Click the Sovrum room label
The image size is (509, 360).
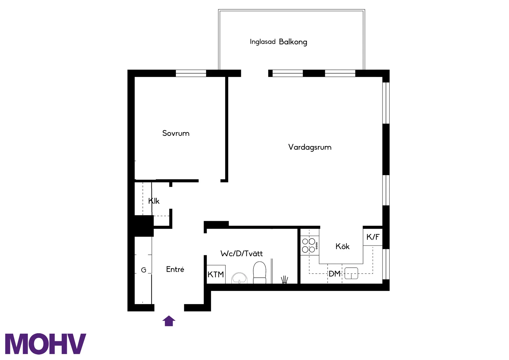point(176,133)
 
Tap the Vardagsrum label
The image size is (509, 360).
point(310,147)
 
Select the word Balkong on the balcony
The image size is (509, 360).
point(293,42)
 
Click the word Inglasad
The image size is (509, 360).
point(263,42)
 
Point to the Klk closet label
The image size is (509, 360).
point(154,201)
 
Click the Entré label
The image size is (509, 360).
point(175,270)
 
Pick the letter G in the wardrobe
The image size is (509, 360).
point(143,270)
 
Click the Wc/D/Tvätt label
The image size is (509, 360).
point(242,254)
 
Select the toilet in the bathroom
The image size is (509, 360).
point(259,272)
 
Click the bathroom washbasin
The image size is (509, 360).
point(239,278)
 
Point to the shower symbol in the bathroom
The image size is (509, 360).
point(284,280)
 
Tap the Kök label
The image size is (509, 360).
point(342,247)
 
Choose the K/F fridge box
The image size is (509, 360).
point(373,237)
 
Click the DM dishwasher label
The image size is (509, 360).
point(334,274)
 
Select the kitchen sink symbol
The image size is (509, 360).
point(351,273)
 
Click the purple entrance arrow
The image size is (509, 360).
point(169,321)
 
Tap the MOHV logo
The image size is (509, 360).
point(45,344)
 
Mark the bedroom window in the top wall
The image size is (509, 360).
point(191,73)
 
